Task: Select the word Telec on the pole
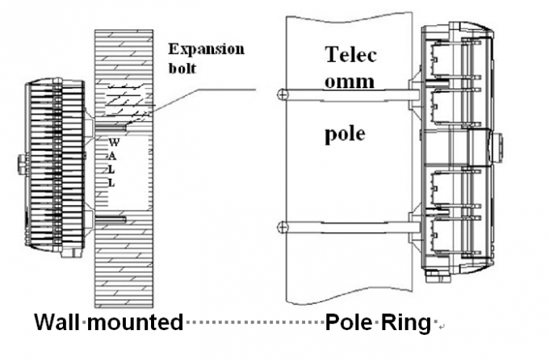click(x=350, y=56)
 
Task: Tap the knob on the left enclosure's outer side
click(x=19, y=165)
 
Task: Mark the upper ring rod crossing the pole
click(x=347, y=94)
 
